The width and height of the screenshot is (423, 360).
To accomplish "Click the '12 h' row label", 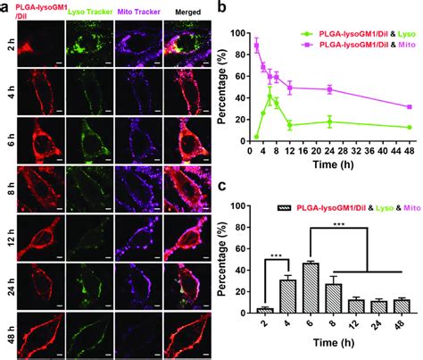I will [x=8, y=240].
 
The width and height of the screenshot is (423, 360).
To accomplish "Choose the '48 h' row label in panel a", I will [x=8, y=337].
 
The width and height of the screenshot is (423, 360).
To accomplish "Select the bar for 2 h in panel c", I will [x=263, y=310].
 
